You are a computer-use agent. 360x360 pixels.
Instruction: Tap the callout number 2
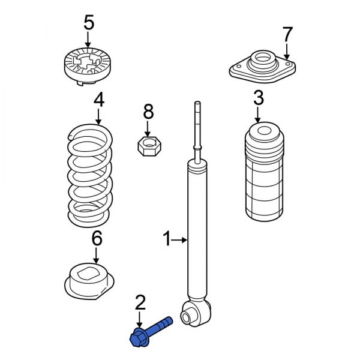point(140,301)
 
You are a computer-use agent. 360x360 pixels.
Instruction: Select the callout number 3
point(258,97)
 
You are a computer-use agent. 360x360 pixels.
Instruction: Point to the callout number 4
point(98,100)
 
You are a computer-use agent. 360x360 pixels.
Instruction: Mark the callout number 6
point(97,238)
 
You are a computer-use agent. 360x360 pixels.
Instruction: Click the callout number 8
point(148,111)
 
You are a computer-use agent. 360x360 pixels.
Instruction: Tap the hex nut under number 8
point(148,146)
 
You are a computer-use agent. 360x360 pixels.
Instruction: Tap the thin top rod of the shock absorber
point(196,126)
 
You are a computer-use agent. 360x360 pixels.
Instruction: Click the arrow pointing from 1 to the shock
point(181,241)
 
